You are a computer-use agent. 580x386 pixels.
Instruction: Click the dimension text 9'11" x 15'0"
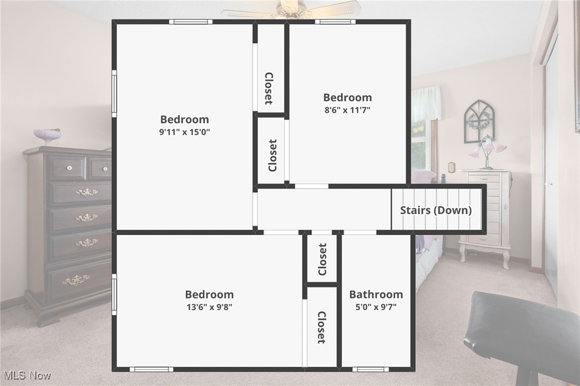(x=184, y=132)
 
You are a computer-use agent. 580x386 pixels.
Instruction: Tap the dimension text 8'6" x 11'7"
(x=347, y=110)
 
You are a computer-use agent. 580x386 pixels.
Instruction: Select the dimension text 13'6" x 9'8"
(x=209, y=307)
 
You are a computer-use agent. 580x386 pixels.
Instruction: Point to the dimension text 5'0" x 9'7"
(x=375, y=307)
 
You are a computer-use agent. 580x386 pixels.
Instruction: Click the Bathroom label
(x=376, y=294)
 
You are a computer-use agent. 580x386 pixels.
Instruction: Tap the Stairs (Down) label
(x=436, y=210)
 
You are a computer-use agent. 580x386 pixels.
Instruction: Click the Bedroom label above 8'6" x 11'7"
(x=347, y=97)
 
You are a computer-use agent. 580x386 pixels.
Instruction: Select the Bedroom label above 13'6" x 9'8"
(x=209, y=294)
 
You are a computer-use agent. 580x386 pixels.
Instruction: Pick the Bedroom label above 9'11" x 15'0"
(x=184, y=119)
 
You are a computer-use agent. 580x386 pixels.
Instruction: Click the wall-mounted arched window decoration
(x=479, y=121)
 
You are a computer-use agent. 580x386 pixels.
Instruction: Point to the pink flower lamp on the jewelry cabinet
(x=487, y=150)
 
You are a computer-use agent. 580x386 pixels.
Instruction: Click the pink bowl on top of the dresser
(x=47, y=135)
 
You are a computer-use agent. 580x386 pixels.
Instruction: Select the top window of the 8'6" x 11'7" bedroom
(x=335, y=22)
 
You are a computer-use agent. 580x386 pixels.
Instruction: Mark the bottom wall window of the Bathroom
(x=370, y=369)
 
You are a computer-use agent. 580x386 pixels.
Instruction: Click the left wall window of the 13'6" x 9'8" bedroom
(x=114, y=294)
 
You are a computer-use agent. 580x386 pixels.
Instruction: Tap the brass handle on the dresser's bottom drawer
(x=76, y=279)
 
